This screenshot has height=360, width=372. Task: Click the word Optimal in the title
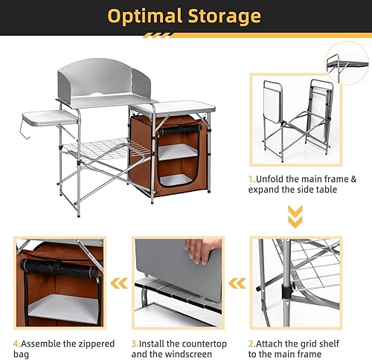click(x=146, y=16)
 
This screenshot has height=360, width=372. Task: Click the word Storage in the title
click(x=224, y=16)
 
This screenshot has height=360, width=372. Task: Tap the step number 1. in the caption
click(x=253, y=179)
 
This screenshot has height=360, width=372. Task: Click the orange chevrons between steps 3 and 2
click(x=237, y=283)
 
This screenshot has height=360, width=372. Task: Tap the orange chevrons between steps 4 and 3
click(x=119, y=283)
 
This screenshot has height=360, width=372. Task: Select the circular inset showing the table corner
click(x=348, y=63)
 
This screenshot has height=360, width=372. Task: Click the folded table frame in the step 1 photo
click(x=294, y=119)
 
